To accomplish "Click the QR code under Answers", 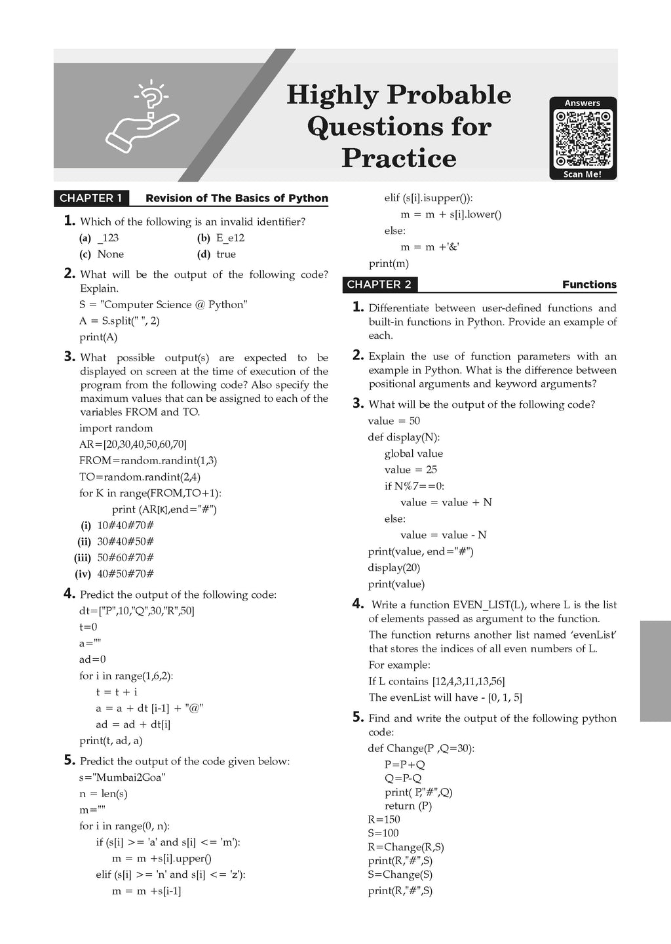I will coord(583,139).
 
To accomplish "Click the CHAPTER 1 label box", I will coord(91,198).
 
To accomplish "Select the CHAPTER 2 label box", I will coord(379,285).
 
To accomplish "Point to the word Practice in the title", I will coord(399,158).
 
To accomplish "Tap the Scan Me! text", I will coord(583,174).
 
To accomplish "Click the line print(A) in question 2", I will coord(98,337).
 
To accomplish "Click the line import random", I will coord(116,428).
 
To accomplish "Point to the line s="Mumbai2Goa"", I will coord(123,777).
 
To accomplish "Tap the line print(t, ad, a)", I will coord(111,741).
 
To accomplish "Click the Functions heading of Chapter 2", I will coord(589,285).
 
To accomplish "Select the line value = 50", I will coord(394,421).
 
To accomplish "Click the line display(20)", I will coord(394,568).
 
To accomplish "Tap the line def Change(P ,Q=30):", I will coord(421,749).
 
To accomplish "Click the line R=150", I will coord(384,819).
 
